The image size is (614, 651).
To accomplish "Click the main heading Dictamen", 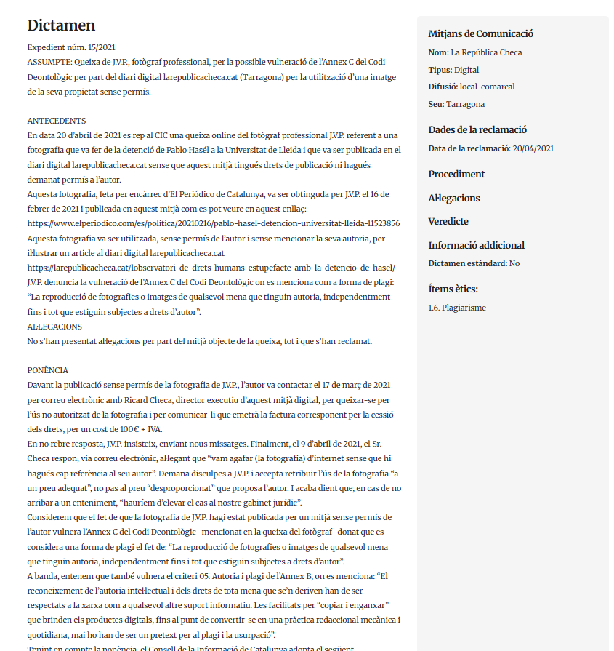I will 61,25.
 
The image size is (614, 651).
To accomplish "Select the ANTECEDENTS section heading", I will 57,121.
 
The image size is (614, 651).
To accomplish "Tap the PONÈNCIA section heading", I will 47,370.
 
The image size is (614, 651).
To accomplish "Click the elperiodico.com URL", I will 213,224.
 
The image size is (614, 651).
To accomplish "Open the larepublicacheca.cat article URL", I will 211,268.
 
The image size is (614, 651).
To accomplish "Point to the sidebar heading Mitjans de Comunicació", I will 480,33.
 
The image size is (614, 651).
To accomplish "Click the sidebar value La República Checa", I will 486,52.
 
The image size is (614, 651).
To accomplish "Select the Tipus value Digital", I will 466,70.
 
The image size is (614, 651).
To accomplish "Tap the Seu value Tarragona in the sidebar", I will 465,104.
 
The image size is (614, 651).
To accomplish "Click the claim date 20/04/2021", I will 533,148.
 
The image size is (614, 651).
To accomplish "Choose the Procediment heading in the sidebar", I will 456,174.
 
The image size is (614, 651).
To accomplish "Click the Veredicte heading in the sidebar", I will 448,221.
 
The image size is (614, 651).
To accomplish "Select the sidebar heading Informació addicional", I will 476,245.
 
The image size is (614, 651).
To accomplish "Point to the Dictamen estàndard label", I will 467,263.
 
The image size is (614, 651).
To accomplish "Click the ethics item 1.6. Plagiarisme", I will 457,308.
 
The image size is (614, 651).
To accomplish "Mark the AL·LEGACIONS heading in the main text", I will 54,327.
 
